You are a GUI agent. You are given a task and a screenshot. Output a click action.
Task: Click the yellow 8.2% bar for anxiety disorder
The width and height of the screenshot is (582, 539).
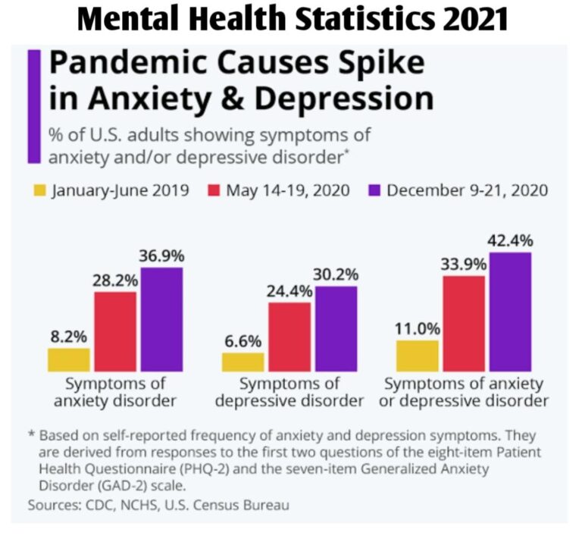(x=69, y=359)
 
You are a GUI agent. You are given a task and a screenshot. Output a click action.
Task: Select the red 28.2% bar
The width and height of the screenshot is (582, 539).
(x=115, y=331)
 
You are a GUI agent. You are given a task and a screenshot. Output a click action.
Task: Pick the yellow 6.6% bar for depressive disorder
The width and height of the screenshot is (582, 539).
(x=242, y=362)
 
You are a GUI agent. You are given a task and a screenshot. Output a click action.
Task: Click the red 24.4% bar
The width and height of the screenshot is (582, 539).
(x=289, y=337)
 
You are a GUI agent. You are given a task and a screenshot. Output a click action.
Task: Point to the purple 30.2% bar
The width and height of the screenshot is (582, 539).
(x=335, y=328)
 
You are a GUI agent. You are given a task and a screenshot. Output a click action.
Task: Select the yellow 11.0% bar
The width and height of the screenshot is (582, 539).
(x=417, y=356)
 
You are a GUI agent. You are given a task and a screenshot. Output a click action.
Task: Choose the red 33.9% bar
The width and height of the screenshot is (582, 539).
(x=463, y=323)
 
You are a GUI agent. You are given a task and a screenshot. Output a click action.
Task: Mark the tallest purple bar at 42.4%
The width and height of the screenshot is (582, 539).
(x=509, y=312)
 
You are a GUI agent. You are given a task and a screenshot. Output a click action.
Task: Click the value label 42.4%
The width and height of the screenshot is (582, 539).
(x=509, y=241)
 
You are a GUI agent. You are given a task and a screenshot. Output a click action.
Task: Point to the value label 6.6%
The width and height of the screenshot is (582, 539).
(x=242, y=340)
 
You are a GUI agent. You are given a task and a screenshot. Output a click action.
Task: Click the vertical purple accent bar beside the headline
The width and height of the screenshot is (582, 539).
(x=33, y=106)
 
